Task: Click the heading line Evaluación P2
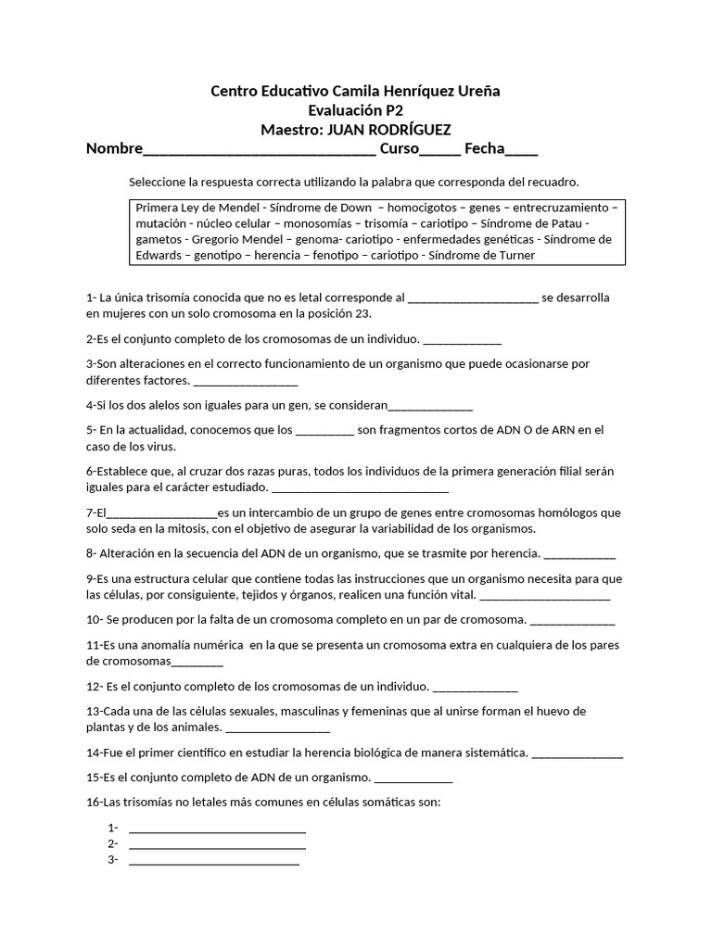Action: [357, 110]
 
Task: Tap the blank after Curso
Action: [440, 151]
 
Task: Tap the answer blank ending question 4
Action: [430, 407]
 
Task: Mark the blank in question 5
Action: [324, 431]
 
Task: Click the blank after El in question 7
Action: [162, 512]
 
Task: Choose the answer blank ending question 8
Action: [579, 555]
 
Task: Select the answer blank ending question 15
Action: [413, 779]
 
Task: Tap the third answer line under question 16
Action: [214, 861]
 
